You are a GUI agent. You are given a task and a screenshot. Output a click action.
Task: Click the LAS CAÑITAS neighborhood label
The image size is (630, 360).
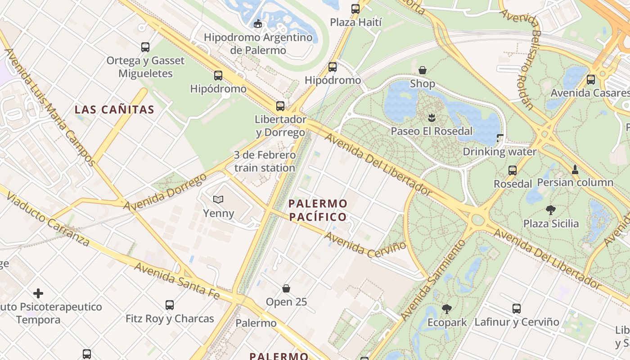click(114, 109)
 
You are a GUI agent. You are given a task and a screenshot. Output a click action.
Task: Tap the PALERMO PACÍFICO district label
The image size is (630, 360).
click(318, 210)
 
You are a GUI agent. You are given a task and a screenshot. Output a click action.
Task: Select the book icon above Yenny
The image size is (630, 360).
click(218, 199)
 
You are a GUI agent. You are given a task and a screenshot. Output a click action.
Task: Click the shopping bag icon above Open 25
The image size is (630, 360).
click(286, 288)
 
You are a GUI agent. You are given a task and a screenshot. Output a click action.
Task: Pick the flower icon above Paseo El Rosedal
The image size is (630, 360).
click(432, 117)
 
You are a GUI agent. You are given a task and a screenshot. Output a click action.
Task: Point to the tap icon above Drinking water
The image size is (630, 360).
click(500, 138)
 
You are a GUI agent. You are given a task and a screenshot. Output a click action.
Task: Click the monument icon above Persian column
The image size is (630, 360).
click(575, 169)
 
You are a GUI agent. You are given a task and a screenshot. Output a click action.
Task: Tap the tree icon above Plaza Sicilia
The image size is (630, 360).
click(551, 210)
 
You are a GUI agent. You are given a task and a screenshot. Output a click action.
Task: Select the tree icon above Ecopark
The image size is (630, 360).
click(447, 309)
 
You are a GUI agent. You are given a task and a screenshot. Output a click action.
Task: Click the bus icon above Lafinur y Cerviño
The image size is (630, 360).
click(517, 308)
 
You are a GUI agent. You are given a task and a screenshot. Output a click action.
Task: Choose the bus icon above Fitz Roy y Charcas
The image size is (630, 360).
click(170, 305)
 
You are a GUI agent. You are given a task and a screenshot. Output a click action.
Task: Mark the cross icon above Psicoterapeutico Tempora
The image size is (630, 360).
click(38, 294)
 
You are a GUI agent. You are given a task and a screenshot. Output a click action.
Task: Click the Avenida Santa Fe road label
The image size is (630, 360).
click(177, 281)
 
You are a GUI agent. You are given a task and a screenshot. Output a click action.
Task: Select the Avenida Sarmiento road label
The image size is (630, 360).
click(433, 280)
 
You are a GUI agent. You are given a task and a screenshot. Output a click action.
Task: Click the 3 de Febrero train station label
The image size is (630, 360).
click(265, 161)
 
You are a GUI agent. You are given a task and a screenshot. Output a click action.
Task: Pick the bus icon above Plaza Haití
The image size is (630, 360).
click(355, 9)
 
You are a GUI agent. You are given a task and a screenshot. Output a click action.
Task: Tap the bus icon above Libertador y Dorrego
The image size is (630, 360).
click(280, 106)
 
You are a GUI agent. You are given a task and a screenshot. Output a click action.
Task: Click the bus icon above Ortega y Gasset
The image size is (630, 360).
click(145, 47)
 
